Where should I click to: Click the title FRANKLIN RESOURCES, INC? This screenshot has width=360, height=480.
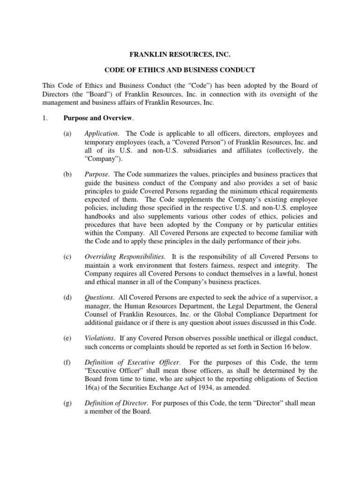click(x=180, y=55)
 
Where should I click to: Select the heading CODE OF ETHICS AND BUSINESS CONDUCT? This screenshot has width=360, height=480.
click(x=180, y=70)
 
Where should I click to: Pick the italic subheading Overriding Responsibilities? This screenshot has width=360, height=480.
click(x=124, y=256)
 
